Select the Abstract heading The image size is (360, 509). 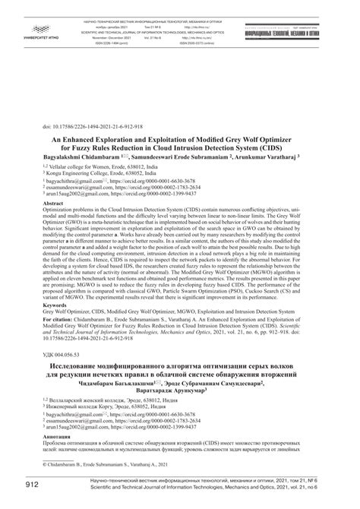click(52, 205)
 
